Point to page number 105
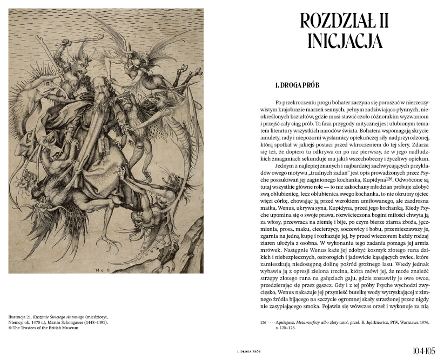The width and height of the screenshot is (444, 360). coord(430,350)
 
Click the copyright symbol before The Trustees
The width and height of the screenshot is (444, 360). coord(11,328)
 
